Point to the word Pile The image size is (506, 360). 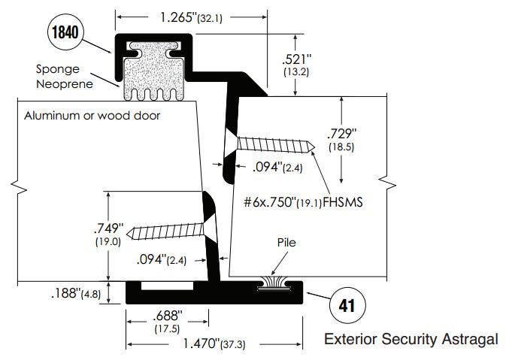click(286, 244)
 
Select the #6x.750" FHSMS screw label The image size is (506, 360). click(298, 201)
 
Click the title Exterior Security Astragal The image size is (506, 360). click(411, 340)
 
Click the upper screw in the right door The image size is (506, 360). click(274, 144)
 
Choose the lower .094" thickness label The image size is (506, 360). click(161, 260)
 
